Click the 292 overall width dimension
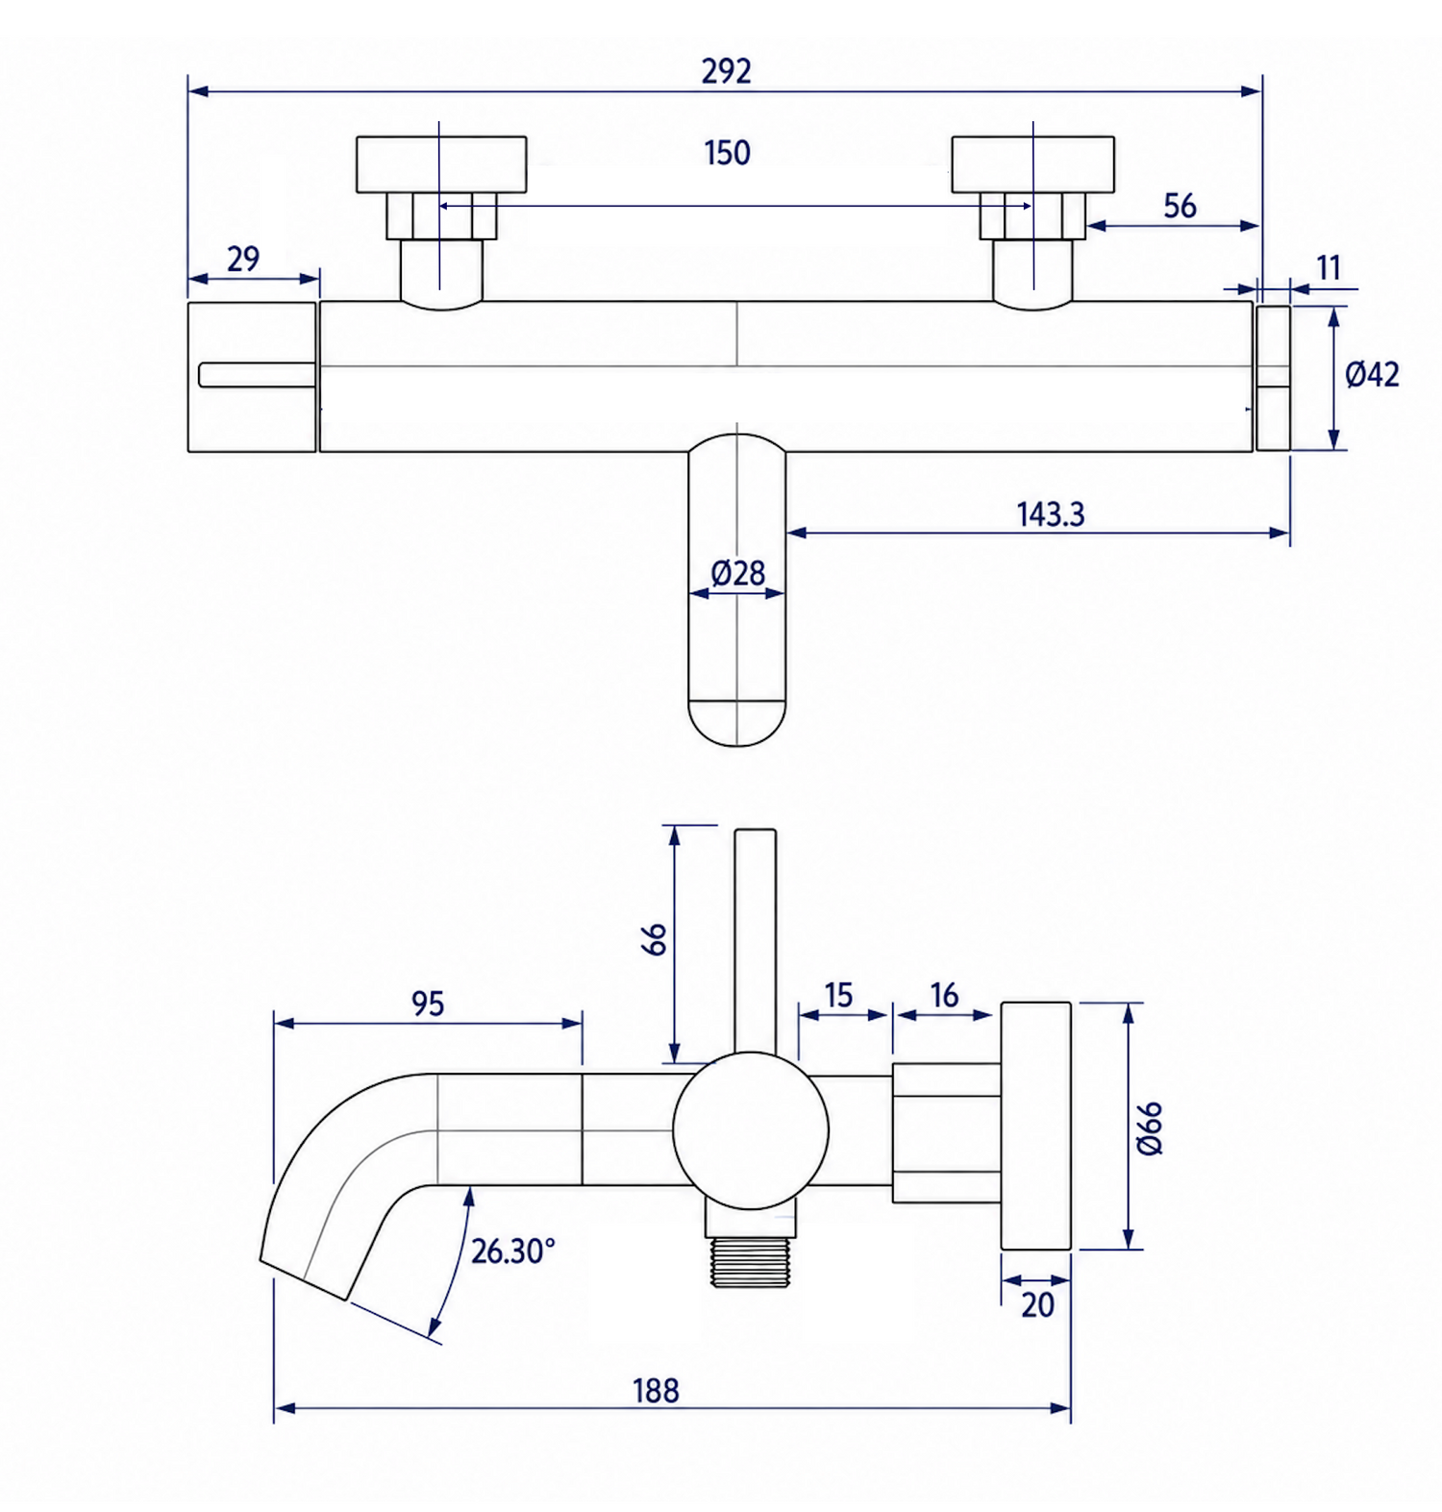pyautogui.click(x=726, y=71)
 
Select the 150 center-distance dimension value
pyautogui.click(x=727, y=153)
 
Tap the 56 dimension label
pyautogui.click(x=1180, y=206)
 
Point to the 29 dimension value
pyautogui.click(x=243, y=259)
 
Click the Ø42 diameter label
pyautogui.click(x=1372, y=374)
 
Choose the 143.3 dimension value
pyautogui.click(x=1051, y=514)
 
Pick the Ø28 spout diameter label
pyautogui.click(x=737, y=573)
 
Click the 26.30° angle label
pyautogui.click(x=513, y=1251)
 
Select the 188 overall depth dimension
pyautogui.click(x=656, y=1390)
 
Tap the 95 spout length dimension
pyautogui.click(x=428, y=1004)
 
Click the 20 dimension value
pyautogui.click(x=1037, y=1304)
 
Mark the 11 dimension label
pyautogui.click(x=1329, y=267)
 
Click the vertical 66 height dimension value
pyautogui.click(x=654, y=939)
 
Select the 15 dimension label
pyautogui.click(x=838, y=995)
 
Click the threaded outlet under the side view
pyautogui.click(x=750, y=1260)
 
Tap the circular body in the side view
pyautogui.click(x=751, y=1130)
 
